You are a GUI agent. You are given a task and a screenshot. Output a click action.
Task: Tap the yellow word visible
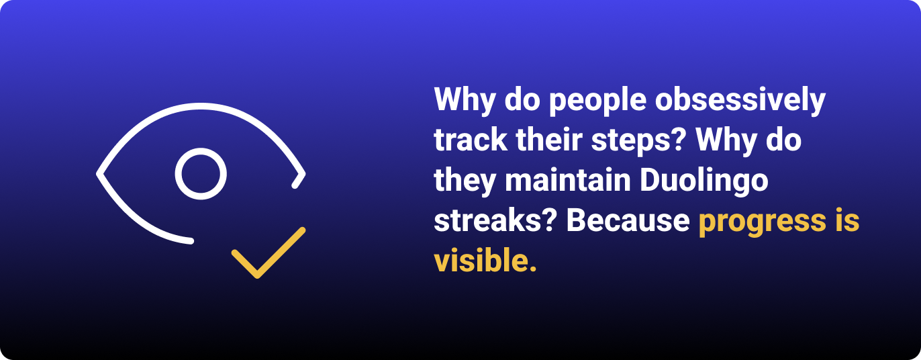pos(481,260)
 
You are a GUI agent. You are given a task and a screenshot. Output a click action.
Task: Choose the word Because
pos(628,220)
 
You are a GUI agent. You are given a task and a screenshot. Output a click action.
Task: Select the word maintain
pos(568,180)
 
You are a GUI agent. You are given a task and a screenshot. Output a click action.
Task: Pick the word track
pos(471,140)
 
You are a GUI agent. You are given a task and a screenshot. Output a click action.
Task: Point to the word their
pos(549,140)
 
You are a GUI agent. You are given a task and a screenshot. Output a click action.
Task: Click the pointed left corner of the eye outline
pos(99,174)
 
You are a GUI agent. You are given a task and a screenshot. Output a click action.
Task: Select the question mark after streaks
pos(551,220)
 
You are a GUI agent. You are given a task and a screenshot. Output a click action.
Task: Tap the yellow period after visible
pos(533,269)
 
